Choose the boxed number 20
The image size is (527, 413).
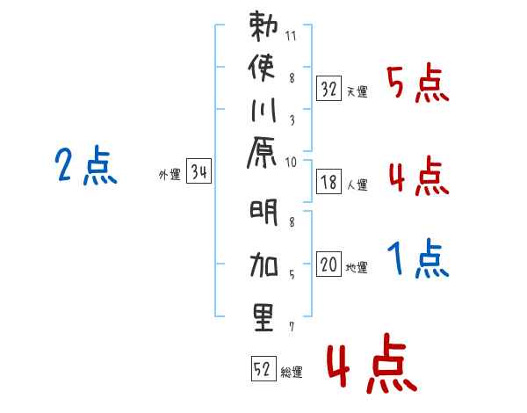pyautogui.click(x=328, y=264)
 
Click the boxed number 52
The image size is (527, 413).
pyautogui.click(x=263, y=369)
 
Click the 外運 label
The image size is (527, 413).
pyautogui.click(x=170, y=175)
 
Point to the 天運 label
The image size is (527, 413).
pyautogui.click(x=357, y=91)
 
